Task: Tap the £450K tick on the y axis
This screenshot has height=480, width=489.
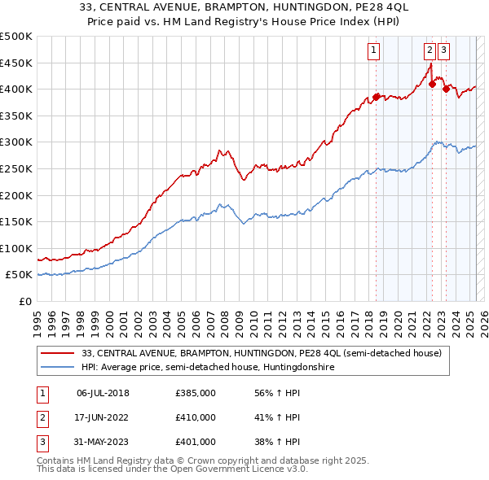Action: click(16, 63)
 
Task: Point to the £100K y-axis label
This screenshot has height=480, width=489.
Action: click(16, 248)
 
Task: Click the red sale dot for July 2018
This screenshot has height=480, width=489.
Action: click(376, 97)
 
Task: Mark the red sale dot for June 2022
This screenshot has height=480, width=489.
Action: click(432, 84)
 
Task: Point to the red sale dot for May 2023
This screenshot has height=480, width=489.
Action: click(446, 89)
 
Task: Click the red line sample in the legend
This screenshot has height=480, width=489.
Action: click(57, 354)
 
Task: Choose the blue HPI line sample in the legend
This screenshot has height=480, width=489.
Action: click(57, 368)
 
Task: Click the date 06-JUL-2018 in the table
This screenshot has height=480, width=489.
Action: click(103, 394)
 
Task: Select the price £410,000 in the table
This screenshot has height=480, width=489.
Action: click(196, 417)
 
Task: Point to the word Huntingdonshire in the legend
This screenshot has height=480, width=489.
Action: click(305, 368)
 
